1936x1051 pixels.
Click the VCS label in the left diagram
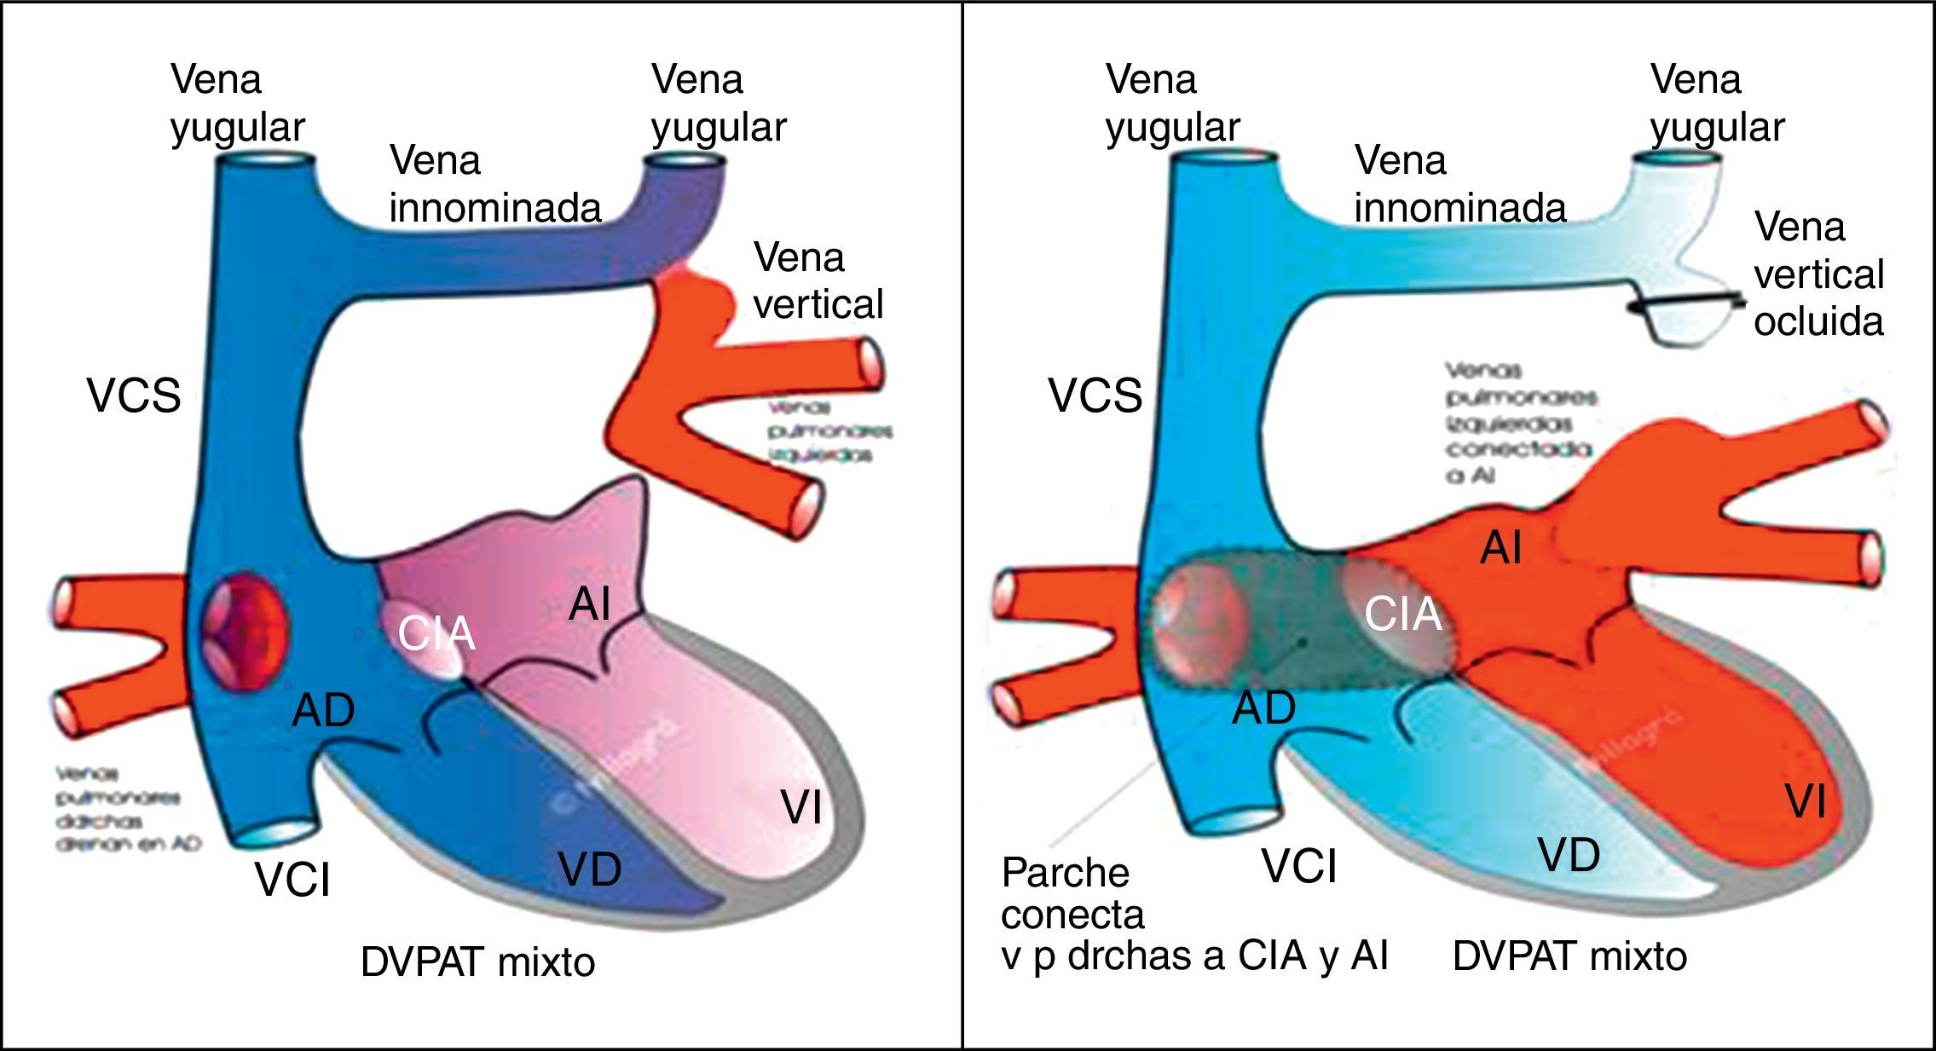pyautogui.click(x=134, y=396)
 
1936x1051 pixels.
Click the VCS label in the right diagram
pyautogui.click(x=1095, y=396)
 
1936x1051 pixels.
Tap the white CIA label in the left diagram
pyautogui.click(x=436, y=633)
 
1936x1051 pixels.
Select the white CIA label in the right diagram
pyautogui.click(x=1403, y=615)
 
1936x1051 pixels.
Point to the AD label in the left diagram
pyautogui.click(x=323, y=710)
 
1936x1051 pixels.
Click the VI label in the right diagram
pyautogui.click(x=1806, y=802)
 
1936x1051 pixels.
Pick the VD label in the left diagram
pyautogui.click(x=590, y=869)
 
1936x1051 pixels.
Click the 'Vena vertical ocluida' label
pyautogui.click(x=1818, y=274)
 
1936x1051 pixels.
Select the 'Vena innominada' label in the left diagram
pyautogui.click(x=495, y=184)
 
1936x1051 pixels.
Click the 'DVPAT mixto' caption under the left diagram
pyautogui.click(x=477, y=962)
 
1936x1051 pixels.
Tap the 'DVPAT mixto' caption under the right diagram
pyautogui.click(x=1569, y=956)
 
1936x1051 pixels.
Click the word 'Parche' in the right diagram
pyautogui.click(x=1065, y=873)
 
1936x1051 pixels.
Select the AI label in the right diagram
pyautogui.click(x=1500, y=547)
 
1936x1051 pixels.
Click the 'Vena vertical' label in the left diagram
pyautogui.click(x=818, y=280)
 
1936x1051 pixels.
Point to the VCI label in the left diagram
pyautogui.click(x=292, y=880)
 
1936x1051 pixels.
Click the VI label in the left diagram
pyautogui.click(x=801, y=806)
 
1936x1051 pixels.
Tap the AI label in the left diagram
pyautogui.click(x=590, y=604)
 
